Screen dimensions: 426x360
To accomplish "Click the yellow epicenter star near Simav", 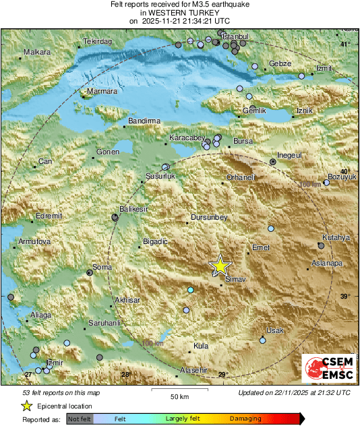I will [x=219, y=266].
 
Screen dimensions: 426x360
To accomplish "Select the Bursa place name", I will [x=242, y=141].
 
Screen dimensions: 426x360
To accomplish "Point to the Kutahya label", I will [x=334, y=238].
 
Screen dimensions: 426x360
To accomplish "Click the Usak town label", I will [x=275, y=330].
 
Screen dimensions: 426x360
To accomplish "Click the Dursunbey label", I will [x=210, y=217].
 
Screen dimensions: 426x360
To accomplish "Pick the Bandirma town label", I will [x=144, y=121].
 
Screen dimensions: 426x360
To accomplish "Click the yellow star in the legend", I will [x=26, y=406].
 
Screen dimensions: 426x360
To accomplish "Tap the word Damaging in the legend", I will [x=245, y=419].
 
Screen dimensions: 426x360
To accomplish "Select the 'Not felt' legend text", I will [x=80, y=419].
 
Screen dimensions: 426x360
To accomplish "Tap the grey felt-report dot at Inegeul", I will [x=272, y=162].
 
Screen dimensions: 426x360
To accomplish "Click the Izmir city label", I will [x=54, y=363].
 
